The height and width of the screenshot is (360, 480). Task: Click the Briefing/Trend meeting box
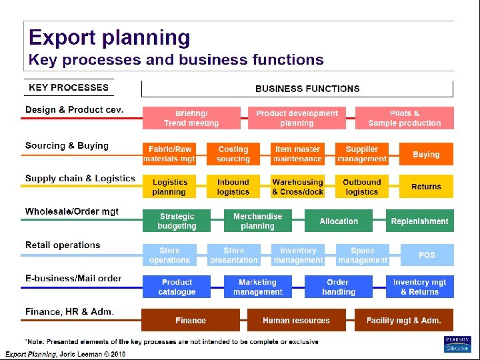tap(191, 118)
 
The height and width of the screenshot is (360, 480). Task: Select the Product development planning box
tap(297, 118)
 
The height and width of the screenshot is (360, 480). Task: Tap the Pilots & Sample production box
tap(404, 118)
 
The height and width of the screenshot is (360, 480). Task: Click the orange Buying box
tap(426, 154)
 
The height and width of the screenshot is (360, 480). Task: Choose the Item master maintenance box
tap(297, 154)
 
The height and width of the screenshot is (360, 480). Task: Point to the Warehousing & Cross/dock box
tap(297, 187)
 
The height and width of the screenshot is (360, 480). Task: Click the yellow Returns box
tap(426, 187)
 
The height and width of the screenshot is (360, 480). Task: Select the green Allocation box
tap(339, 221)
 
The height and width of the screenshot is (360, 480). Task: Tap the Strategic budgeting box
tap(177, 221)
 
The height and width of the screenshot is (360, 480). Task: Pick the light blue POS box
tap(426, 255)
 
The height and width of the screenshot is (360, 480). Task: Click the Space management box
tap(362, 255)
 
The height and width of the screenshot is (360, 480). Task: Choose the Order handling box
tap(338, 287)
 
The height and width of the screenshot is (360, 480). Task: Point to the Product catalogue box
tap(177, 287)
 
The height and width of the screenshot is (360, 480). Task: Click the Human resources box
tap(296, 320)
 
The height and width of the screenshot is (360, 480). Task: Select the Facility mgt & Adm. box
tap(403, 320)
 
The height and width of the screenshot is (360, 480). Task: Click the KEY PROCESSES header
tap(68, 87)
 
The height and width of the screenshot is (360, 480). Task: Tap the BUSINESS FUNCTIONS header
tap(307, 88)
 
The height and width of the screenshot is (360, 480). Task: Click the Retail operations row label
tap(63, 245)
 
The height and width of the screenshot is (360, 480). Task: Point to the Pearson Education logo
tap(457, 344)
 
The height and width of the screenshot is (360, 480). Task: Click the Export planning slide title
tap(109, 38)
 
